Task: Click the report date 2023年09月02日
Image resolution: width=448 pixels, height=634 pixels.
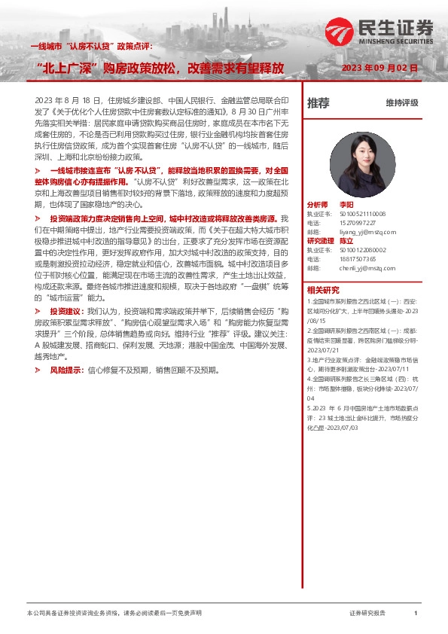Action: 379,68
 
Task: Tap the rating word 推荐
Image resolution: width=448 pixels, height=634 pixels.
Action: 318,102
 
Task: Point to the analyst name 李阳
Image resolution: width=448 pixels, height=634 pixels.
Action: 346,204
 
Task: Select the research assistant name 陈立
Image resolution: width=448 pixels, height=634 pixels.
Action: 346,241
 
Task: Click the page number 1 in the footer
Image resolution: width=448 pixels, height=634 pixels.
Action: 416,614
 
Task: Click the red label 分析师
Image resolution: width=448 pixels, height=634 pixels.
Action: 317,204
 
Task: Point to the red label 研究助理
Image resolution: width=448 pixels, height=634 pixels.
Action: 320,241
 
